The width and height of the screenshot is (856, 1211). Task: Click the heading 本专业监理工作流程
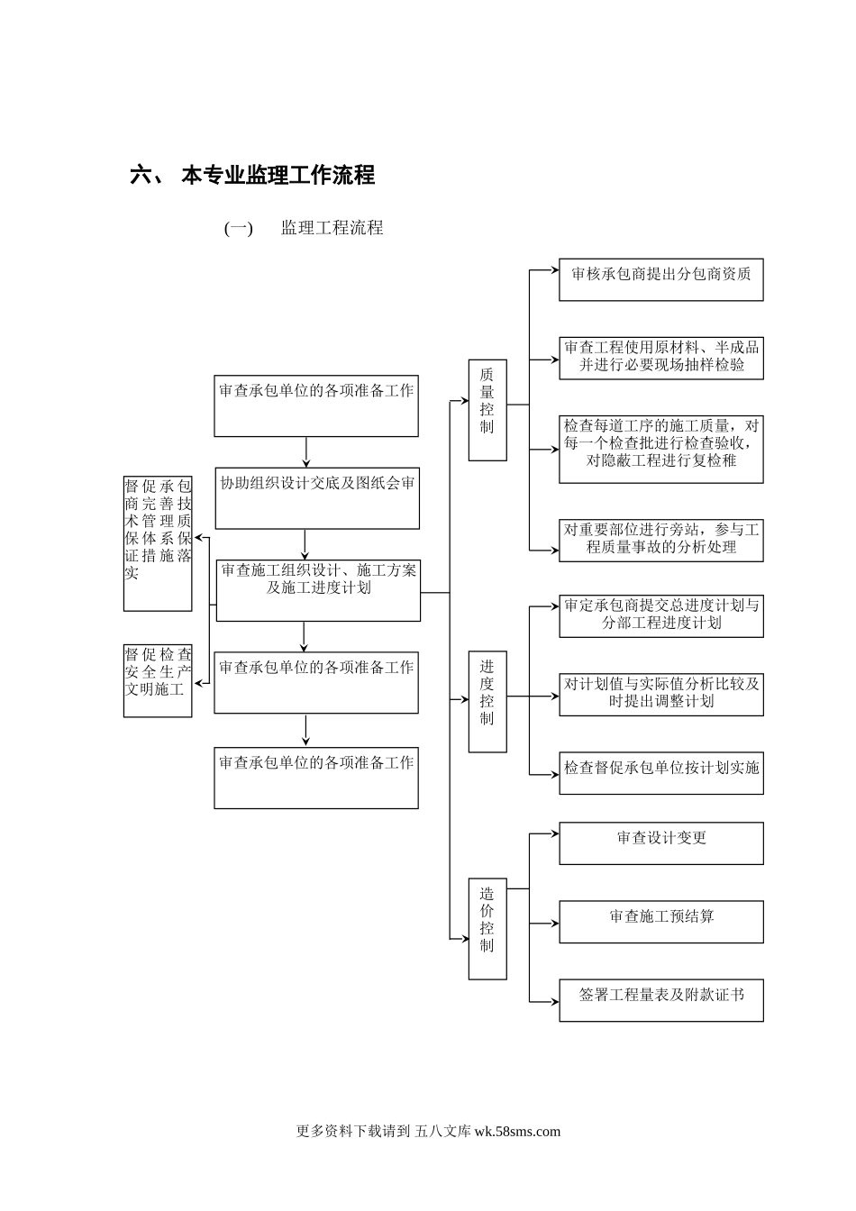(278, 175)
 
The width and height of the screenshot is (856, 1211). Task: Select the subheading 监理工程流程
(332, 228)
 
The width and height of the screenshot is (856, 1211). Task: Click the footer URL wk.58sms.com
(517, 1132)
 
